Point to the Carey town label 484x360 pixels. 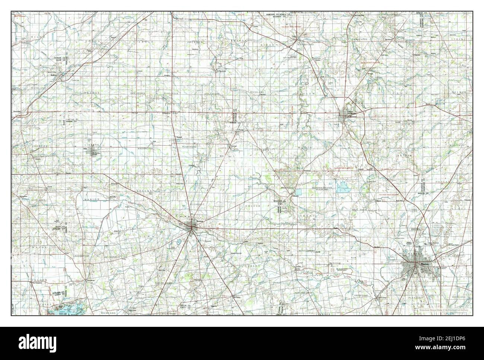coord(293,36)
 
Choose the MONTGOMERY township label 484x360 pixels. coord(307,251)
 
